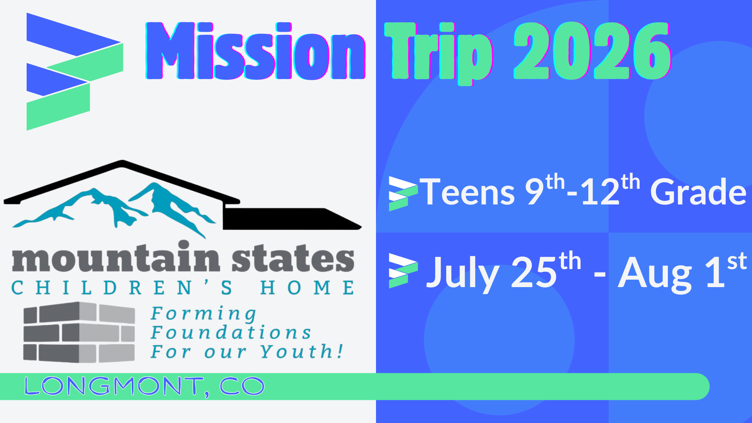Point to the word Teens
point(468,192)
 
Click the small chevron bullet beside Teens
point(403,193)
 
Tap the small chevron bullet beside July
point(403,271)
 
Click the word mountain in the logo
point(116,258)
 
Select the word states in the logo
point(293,258)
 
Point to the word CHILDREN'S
point(121,288)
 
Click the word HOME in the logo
point(307,288)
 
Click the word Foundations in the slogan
point(231,333)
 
